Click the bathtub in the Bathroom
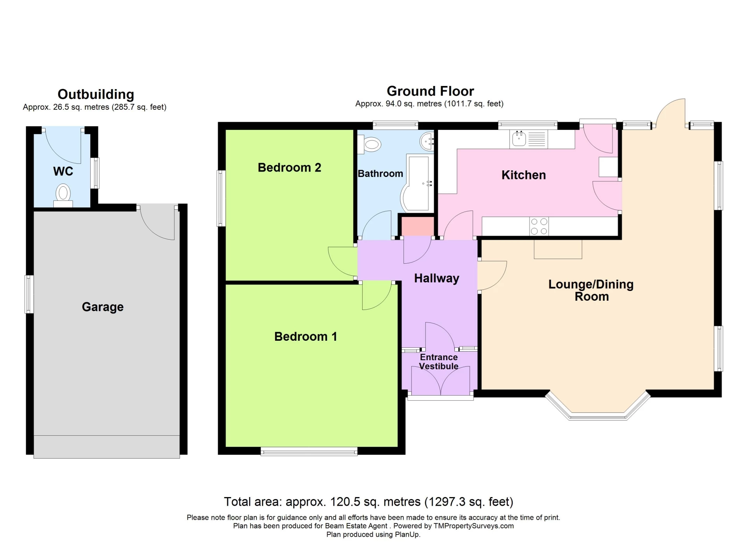click(418, 183)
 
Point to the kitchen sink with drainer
click(528, 139)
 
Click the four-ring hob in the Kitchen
click(539, 226)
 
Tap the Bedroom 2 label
click(289, 168)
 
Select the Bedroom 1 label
click(305, 336)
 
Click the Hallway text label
click(437, 278)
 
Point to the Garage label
click(102, 307)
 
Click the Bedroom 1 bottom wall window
click(309, 452)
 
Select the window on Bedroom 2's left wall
click(221, 198)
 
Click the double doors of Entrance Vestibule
click(440, 381)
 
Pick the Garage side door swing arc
click(156, 224)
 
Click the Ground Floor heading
click(430, 91)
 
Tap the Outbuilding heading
click(96, 95)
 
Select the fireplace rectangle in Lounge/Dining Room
click(558, 249)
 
